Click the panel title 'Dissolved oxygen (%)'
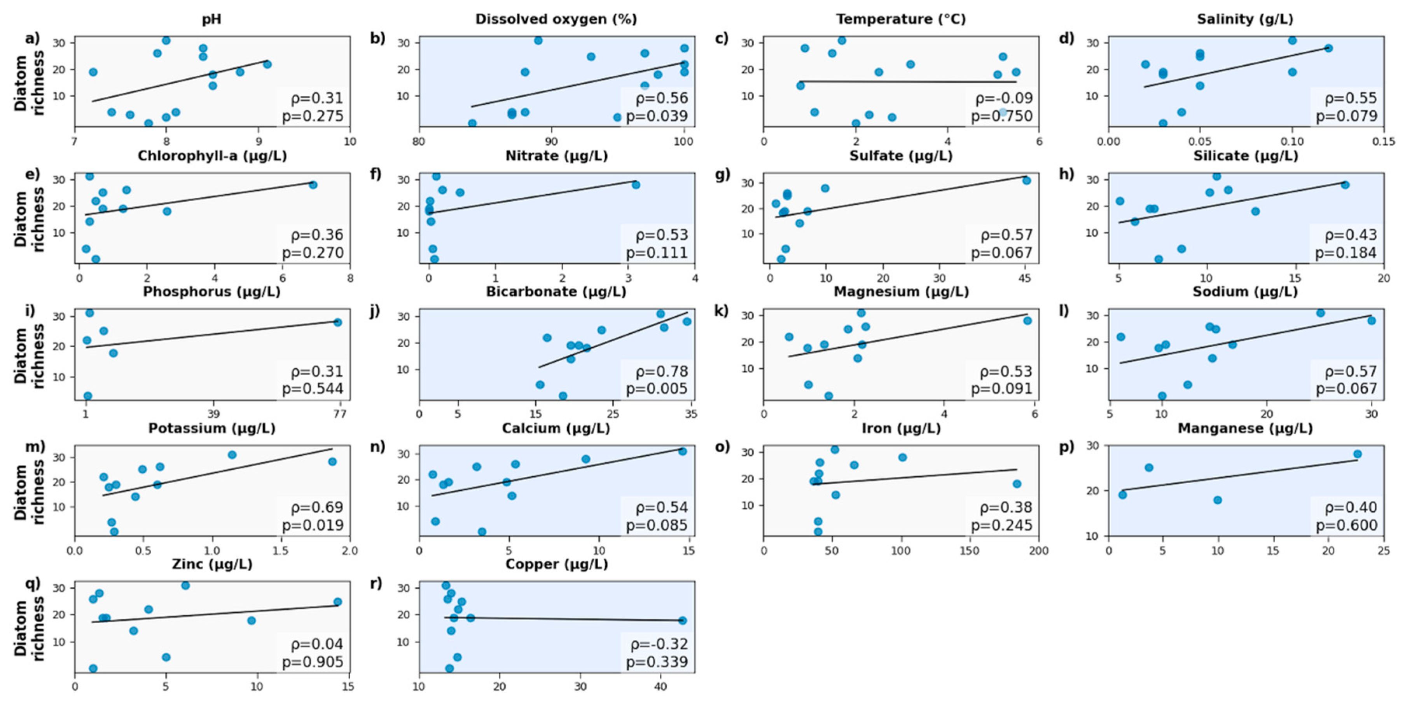click(x=556, y=19)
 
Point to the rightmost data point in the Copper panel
click(x=682, y=620)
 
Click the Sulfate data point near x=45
click(x=1026, y=180)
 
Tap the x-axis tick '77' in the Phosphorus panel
click(x=339, y=414)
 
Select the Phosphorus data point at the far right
click(x=337, y=322)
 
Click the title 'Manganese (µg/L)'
click(x=1245, y=429)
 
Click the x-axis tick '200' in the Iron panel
click(x=1038, y=550)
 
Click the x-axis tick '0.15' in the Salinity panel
click(x=1383, y=141)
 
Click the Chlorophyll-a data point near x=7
click(x=313, y=185)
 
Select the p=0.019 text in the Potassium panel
click(x=313, y=525)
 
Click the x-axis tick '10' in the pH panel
click(x=350, y=141)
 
